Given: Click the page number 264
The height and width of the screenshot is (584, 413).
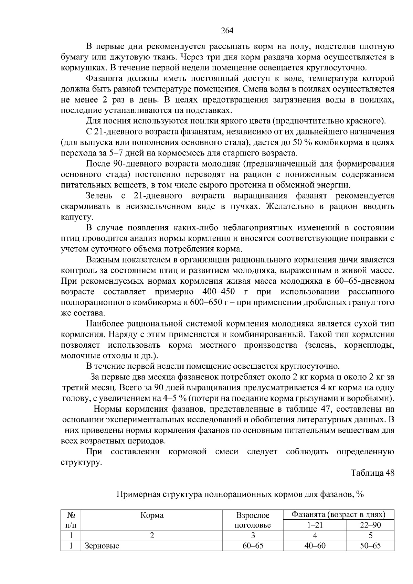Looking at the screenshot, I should (227, 31).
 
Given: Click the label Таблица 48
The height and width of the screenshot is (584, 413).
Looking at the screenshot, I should (372, 473).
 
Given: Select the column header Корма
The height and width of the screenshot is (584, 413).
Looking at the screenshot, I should (152, 515).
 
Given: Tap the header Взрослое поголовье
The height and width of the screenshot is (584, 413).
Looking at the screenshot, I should (253, 520).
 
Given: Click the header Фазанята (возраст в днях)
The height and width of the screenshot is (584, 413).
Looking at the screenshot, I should (338, 515).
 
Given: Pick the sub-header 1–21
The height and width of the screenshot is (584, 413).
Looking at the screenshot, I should (314, 525).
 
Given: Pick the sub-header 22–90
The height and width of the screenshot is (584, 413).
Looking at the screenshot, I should (370, 525).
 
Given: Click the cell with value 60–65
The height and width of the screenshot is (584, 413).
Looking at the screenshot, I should (253, 546).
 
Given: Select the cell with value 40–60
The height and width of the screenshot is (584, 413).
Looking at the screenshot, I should (314, 546).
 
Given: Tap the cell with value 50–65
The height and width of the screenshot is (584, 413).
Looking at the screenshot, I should (370, 546).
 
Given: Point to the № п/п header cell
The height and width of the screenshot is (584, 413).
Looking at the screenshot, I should (71, 520).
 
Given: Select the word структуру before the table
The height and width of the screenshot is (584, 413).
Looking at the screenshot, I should (81, 462).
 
